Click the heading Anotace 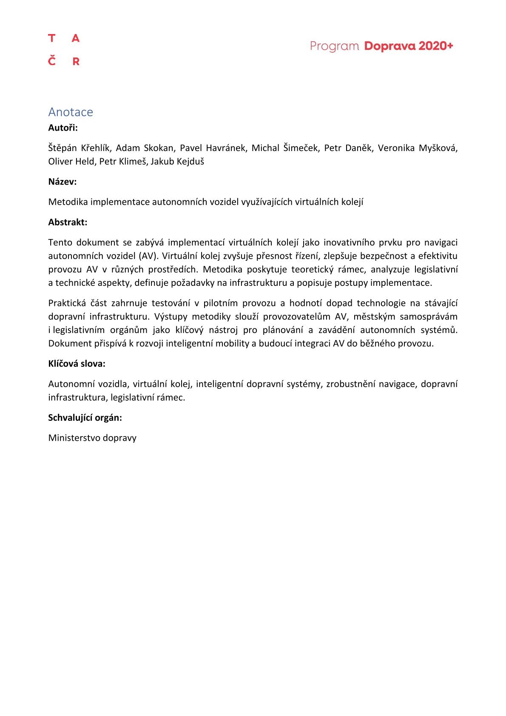point(71,112)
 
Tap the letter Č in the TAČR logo point(52,61)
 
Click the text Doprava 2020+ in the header point(409,46)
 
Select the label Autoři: point(63,128)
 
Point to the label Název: point(63,182)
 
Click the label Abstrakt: point(68,222)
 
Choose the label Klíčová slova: point(77,364)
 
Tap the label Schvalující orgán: point(85,418)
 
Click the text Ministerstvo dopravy point(92,438)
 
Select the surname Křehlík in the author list point(96,148)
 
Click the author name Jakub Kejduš point(177,162)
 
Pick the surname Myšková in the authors point(438,148)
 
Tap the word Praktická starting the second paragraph point(67,303)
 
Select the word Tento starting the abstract point(60,242)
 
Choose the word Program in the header point(335,46)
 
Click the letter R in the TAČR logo point(76,61)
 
